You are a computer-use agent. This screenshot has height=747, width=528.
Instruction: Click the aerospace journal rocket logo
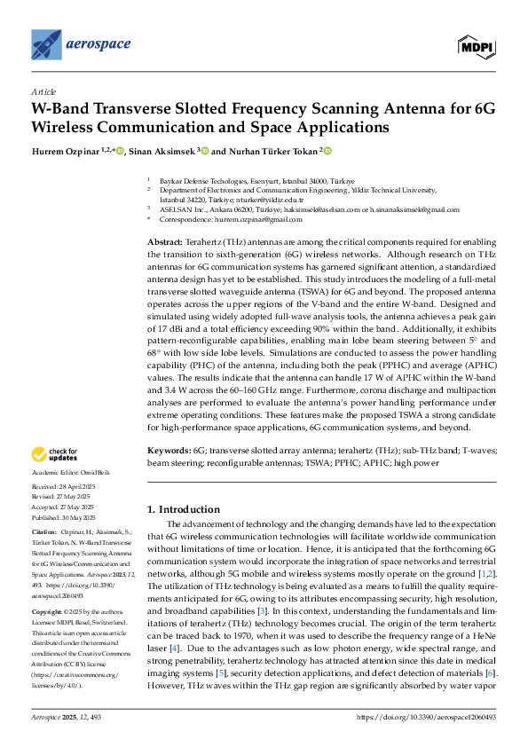click(47, 43)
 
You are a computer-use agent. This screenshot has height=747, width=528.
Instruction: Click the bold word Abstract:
click(166, 242)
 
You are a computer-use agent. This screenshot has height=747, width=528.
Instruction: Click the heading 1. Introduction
click(196, 510)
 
